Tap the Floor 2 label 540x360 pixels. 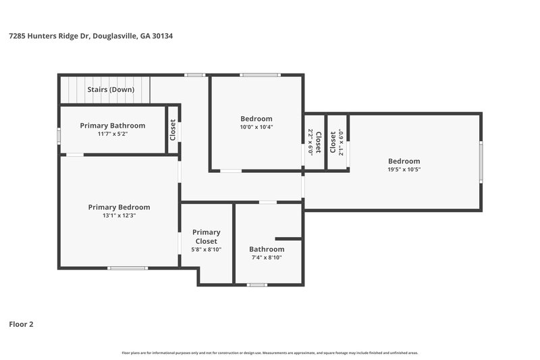[20, 324]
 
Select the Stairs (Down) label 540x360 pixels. [111, 89]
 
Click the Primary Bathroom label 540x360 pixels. [112, 126]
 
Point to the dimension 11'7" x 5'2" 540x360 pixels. [112, 134]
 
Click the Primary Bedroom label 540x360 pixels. [119, 207]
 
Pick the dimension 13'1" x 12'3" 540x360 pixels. [119, 216]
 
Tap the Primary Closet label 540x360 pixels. [207, 236]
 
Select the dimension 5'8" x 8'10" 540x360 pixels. [207, 249]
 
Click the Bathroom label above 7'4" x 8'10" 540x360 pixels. [267, 249]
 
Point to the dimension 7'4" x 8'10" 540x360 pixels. [267, 257]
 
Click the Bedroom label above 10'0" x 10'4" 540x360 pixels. [256, 119]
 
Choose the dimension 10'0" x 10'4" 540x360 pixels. [256, 127]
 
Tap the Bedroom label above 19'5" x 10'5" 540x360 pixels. [404, 161]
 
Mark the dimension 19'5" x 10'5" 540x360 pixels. [404, 170]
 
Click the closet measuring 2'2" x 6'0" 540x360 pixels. [315, 143]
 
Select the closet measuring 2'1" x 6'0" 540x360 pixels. [337, 142]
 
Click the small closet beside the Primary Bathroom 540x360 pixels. [173, 129]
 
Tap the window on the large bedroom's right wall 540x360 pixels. [481, 161]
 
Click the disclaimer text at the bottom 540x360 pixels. [270, 353]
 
